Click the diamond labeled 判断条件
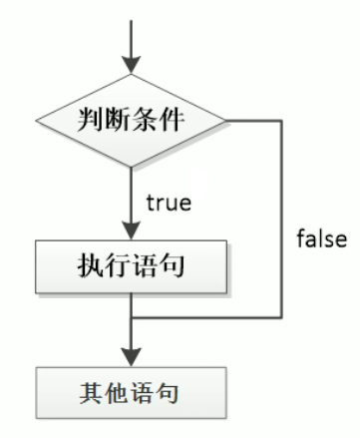coord(131,121)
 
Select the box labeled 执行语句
coord(131,266)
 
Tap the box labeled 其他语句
coord(131,393)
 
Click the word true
coord(169,203)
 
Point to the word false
coord(322,238)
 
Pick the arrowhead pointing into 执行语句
coord(131,230)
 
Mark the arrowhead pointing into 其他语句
coord(131,357)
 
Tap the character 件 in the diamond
coord(172,119)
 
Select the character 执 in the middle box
coord(91,265)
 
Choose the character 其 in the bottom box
coord(91,393)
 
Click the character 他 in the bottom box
coord(117,393)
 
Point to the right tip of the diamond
coord(225,121)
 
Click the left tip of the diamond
coord(36,121)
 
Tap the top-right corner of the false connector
coord(282,121)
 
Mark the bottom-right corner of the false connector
coord(282,317)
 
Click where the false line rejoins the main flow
coord(131,317)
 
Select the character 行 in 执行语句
coord(118,265)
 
